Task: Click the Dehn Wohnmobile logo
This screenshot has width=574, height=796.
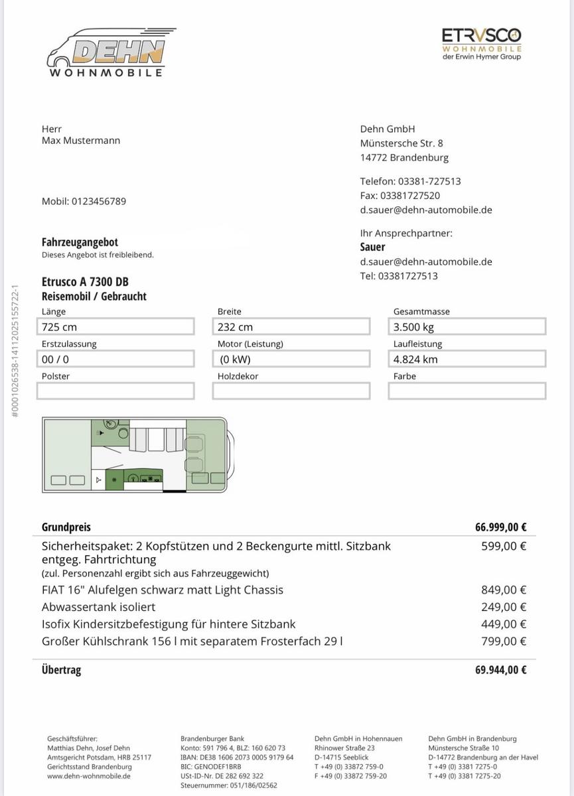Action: click(x=109, y=52)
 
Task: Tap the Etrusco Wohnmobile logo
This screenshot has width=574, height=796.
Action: click(x=481, y=44)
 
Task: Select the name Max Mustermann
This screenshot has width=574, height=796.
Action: click(x=81, y=141)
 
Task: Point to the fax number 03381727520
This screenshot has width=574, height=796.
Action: click(x=409, y=196)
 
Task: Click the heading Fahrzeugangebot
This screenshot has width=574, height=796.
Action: click(x=80, y=243)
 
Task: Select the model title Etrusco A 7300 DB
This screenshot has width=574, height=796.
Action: click(x=85, y=281)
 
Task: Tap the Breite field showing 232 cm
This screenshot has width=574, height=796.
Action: click(x=291, y=326)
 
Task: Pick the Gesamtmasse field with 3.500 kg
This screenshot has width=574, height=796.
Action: click(x=467, y=326)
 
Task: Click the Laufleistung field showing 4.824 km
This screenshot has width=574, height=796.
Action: click(x=467, y=359)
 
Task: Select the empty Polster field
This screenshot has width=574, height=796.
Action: click(x=115, y=391)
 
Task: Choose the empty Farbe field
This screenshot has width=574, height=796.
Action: click(x=467, y=391)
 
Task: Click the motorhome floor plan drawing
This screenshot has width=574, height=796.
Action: click(x=138, y=455)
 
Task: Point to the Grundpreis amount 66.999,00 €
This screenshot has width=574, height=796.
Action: click(x=500, y=528)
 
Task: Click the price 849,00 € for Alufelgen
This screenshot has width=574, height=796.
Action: click(x=504, y=590)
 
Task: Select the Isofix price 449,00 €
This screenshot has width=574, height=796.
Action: click(x=504, y=624)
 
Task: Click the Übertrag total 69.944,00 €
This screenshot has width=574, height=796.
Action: click(x=500, y=670)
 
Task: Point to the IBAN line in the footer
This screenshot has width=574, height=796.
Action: click(x=237, y=758)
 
